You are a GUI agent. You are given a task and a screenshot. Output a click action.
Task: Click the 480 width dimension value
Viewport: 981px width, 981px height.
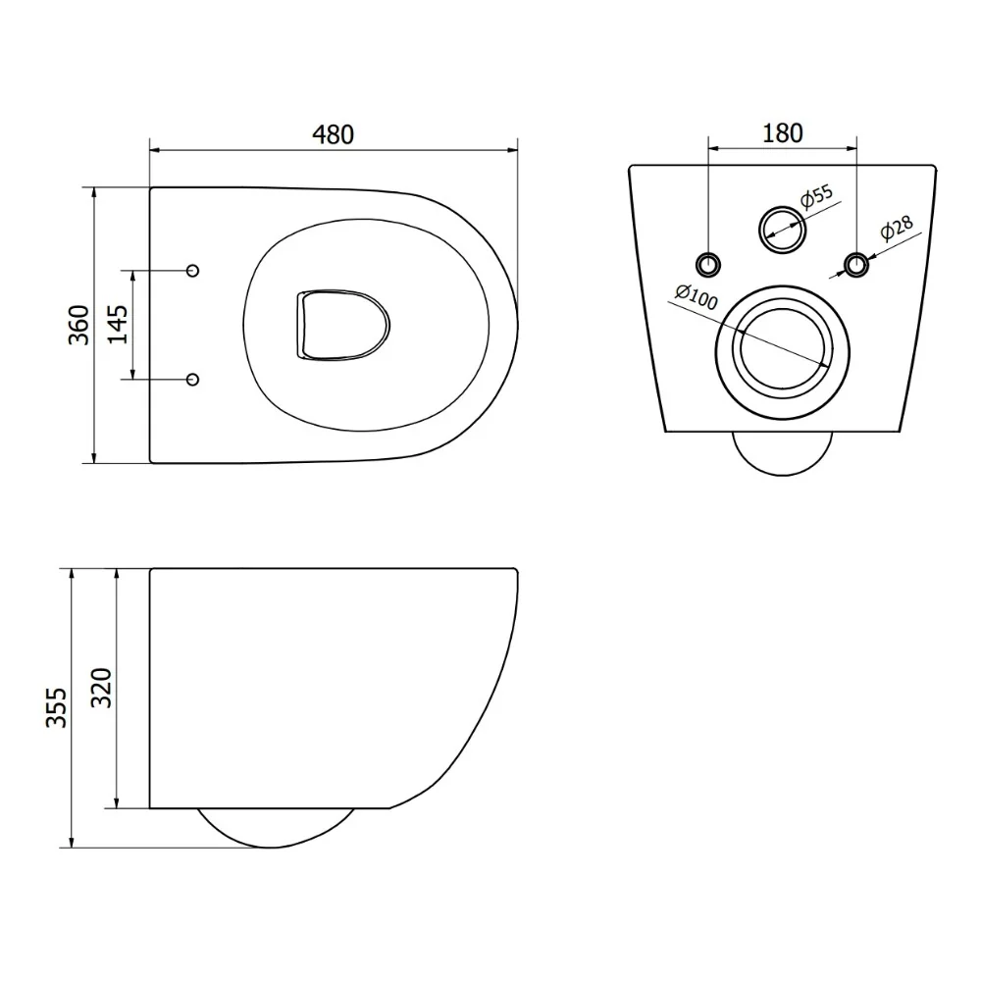tap(333, 134)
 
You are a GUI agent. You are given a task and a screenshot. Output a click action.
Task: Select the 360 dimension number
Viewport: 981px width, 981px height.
tap(79, 325)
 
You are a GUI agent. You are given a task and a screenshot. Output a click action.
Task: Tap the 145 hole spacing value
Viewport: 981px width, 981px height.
tap(118, 324)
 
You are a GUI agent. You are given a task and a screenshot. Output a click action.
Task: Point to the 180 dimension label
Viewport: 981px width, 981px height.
tap(782, 133)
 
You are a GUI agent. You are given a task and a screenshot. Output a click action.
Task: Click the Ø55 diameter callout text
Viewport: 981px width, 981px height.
tap(817, 196)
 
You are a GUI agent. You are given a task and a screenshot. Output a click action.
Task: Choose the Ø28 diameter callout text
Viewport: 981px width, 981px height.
tap(897, 228)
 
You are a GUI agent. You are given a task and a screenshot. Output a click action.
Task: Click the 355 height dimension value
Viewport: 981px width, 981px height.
tap(56, 707)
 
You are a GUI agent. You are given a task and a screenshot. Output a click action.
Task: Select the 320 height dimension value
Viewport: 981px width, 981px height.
tap(101, 689)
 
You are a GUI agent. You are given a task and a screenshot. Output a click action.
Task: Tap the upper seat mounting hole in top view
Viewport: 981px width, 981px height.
tap(193, 271)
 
